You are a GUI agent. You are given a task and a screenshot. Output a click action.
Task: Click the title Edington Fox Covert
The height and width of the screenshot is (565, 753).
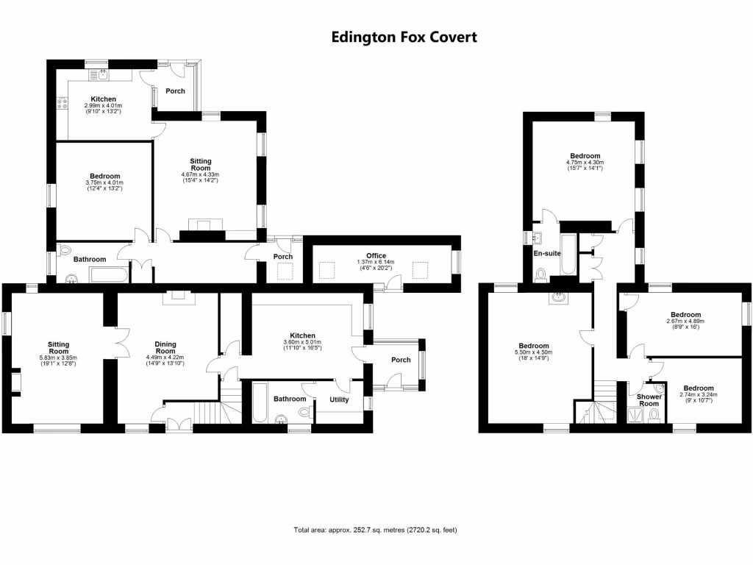pos(404,37)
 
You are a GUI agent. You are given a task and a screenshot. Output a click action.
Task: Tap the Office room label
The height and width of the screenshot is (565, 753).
pos(376,255)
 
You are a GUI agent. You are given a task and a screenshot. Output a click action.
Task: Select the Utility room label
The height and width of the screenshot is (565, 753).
pos(339,399)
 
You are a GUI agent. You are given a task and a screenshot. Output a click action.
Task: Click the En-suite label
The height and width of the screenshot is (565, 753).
pos(547,253)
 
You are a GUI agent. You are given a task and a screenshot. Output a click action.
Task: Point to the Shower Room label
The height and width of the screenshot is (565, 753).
pos(649,400)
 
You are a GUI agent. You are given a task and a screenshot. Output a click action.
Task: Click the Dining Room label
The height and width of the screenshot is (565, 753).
pos(165,347)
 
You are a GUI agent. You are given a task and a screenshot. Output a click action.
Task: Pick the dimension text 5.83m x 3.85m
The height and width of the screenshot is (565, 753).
pos(58,358)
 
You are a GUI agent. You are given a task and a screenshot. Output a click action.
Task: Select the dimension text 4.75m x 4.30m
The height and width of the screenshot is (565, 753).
pos(585,163)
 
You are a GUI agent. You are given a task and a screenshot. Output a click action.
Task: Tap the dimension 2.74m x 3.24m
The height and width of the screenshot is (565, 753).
pos(699,394)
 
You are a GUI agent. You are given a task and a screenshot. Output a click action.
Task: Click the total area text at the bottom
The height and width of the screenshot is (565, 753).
pos(376,530)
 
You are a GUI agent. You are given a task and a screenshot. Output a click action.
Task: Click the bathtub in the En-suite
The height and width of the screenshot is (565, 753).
pos(568,255)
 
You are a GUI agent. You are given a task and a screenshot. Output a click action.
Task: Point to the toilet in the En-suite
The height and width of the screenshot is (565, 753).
pos(540,274)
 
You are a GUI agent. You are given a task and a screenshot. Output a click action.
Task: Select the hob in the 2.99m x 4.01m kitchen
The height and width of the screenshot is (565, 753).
pos(63,102)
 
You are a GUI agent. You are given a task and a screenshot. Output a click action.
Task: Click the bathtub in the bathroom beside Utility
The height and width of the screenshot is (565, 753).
pos(260,402)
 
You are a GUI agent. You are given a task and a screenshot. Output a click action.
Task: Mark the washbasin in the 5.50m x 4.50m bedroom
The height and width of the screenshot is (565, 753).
pos(559,298)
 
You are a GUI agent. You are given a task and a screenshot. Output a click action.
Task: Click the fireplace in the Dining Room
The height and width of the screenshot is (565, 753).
pos(179,298)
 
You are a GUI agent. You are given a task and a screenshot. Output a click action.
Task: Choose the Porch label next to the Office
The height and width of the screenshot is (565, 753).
pos(283,257)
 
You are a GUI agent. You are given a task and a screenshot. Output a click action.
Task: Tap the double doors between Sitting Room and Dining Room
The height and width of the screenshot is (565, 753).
pos(123,343)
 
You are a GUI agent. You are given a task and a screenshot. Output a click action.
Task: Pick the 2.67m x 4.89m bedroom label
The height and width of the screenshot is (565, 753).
pos(686,315)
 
